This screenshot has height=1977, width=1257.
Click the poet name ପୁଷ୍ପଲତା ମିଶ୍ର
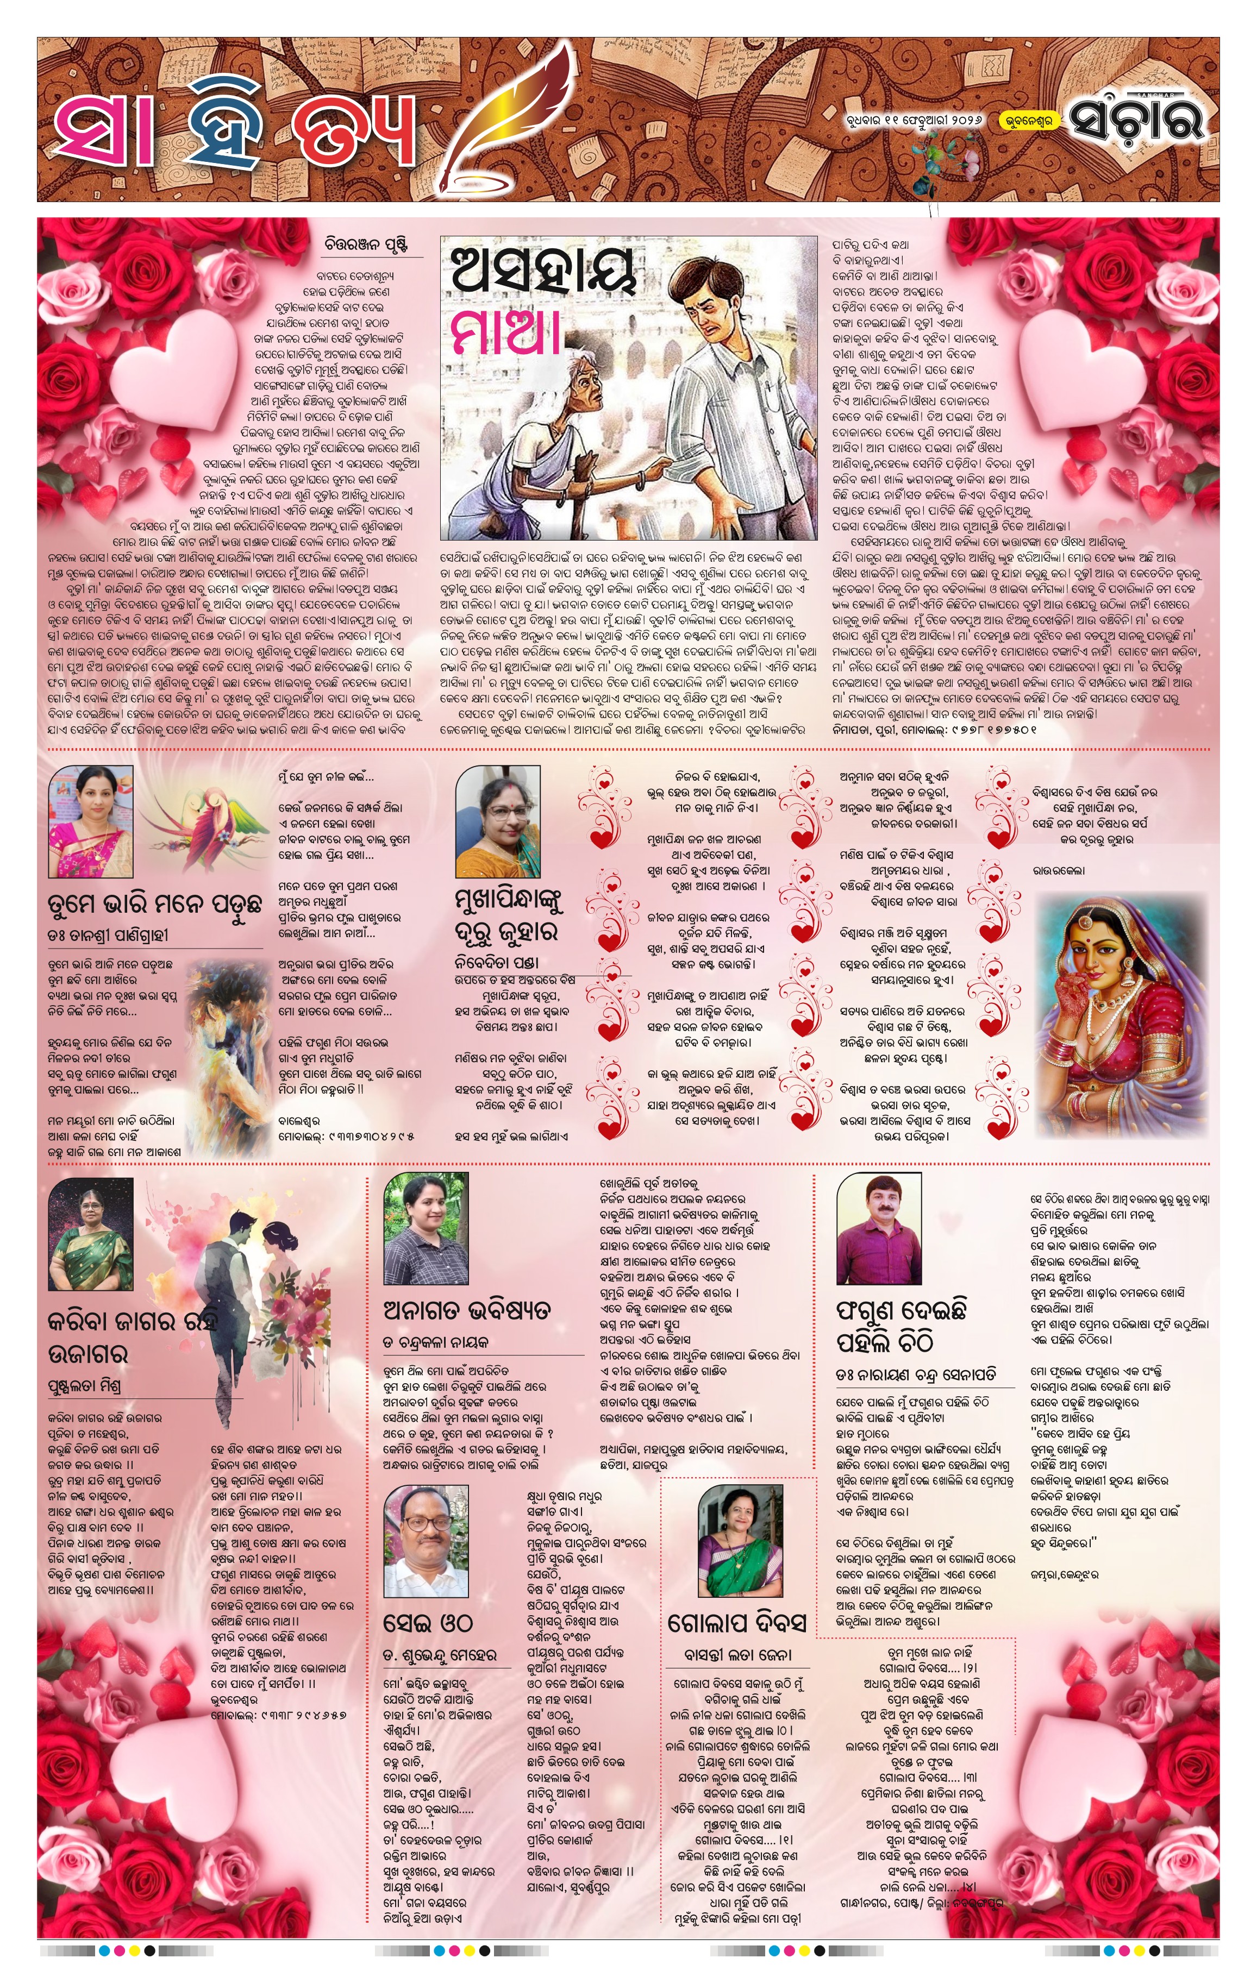pos(85,1386)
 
